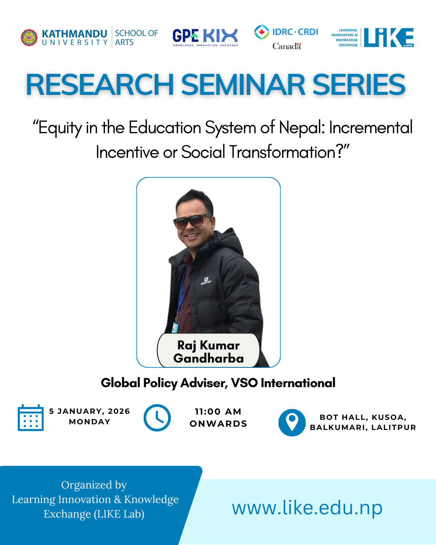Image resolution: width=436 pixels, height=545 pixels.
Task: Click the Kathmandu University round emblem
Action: pos(29,38)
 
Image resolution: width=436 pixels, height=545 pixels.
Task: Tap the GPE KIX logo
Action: pos(205,37)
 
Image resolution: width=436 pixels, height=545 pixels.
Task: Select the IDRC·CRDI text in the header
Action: pos(295,32)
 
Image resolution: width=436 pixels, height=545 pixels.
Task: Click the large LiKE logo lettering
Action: pos(388,38)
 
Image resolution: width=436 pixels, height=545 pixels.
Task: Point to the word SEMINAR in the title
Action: pos(243,85)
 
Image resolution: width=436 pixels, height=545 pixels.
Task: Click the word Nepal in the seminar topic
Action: pos(302,128)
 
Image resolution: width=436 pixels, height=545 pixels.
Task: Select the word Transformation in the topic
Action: pos(282,152)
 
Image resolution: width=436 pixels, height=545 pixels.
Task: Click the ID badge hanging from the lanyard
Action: pos(175,327)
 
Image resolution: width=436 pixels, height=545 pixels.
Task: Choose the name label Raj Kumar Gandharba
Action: pos(208,352)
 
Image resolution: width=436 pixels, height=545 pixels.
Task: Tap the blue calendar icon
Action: pos(31,418)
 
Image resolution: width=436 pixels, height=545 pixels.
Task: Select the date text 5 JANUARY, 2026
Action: pos(90,411)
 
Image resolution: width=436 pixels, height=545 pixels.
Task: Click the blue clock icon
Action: pos(157,418)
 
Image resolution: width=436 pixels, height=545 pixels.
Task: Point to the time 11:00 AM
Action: pos(218,411)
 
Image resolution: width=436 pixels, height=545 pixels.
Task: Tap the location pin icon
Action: pos(292,422)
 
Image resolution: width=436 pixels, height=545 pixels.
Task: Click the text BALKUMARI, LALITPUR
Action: pos(363,428)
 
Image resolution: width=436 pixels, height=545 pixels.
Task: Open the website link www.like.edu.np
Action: pos(307,508)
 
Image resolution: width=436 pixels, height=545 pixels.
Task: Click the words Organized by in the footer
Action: pos(94,485)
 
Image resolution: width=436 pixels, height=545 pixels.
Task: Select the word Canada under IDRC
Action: pos(287,46)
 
